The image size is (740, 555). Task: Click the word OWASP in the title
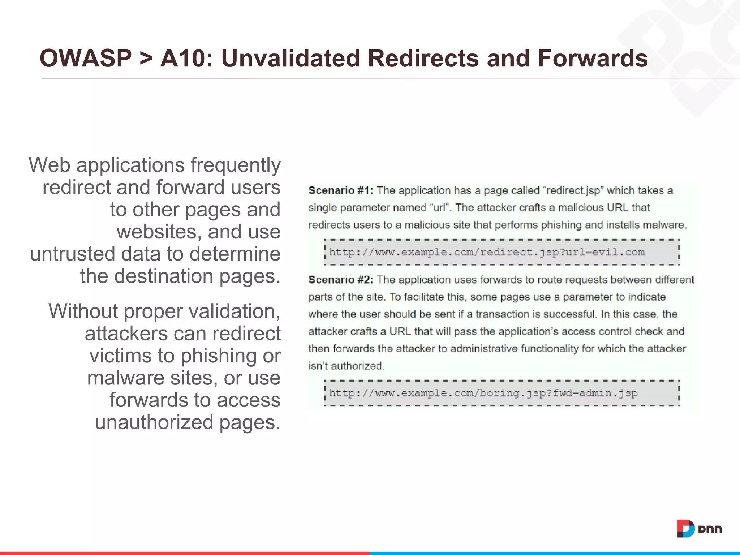coord(86,58)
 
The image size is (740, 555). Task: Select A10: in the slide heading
coord(186,58)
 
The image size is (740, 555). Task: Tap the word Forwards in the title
coord(593,58)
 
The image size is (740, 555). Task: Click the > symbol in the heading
coord(146,59)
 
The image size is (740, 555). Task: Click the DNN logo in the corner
coord(699,529)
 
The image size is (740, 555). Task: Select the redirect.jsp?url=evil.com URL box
coord(502,252)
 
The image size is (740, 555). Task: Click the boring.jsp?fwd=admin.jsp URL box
coord(502,393)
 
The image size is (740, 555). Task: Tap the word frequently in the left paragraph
coord(236,165)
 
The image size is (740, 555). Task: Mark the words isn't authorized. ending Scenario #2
coord(346,366)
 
